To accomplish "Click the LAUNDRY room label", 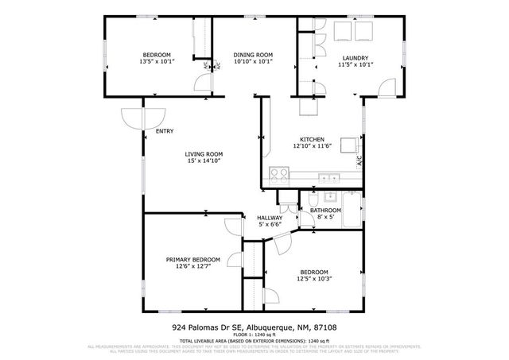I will tap(355, 58).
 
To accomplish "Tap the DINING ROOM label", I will tap(253, 54).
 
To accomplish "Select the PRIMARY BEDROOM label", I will tap(192, 260).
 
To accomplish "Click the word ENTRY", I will tap(165, 132).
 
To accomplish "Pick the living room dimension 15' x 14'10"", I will tap(204, 161).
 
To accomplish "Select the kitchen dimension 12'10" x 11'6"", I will tap(312, 146).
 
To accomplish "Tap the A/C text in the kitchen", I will tap(359, 161).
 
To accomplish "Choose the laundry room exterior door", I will tap(387, 87).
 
